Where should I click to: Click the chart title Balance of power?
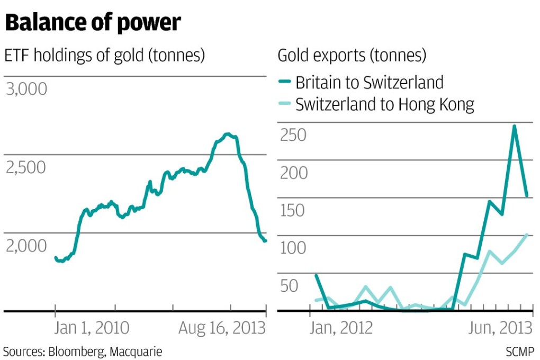coord(93,23)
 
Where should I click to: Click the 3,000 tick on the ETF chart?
coord(26,89)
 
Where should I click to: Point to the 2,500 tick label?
coord(26,167)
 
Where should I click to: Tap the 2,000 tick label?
coord(26,246)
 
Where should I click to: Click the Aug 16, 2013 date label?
coord(221,328)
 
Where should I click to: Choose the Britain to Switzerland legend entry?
coord(369,82)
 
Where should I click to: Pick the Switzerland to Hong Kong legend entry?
coord(384,104)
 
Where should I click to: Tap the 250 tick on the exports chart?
coord(293,135)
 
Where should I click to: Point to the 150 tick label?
coord(293,210)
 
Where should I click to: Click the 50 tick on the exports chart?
coord(290,286)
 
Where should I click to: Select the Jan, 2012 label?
coord(341,328)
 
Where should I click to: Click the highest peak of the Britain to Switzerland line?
coord(514,126)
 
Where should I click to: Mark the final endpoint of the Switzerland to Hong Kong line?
coord(527,234)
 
